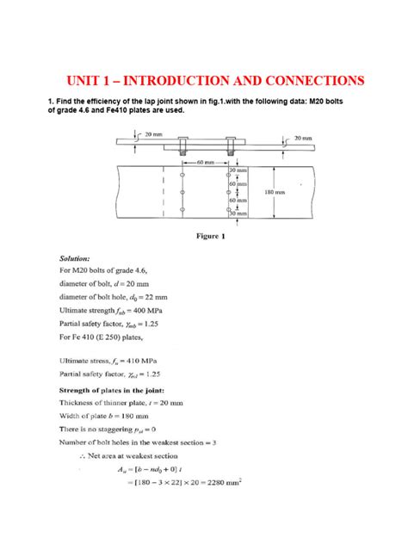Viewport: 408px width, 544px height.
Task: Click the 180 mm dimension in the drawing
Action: coord(274,193)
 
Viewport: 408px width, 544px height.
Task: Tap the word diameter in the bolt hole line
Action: coord(77,295)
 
